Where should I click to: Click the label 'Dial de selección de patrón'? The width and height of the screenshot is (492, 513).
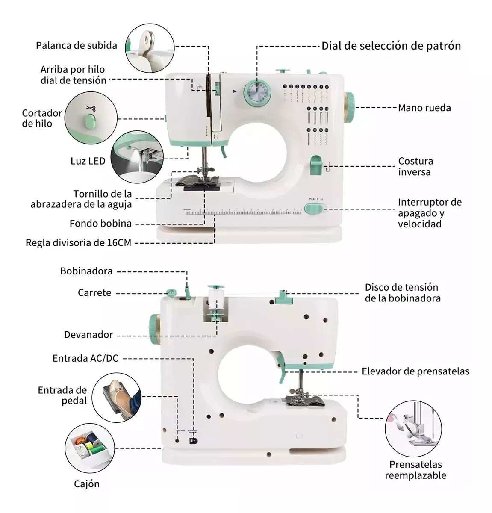(391, 46)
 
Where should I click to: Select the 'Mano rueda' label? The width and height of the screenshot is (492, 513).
(424, 108)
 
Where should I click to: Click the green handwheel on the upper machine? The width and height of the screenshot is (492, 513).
(349, 106)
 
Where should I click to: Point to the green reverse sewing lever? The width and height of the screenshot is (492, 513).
(316, 165)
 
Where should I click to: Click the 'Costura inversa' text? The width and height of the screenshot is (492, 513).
(415, 166)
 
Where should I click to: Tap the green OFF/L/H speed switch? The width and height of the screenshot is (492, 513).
(314, 209)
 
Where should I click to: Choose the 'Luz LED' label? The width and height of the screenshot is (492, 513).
(88, 161)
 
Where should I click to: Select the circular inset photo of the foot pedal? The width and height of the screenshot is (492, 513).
(117, 398)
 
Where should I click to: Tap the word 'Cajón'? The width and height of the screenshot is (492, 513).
(86, 484)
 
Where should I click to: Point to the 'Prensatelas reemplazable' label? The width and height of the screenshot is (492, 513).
(415, 469)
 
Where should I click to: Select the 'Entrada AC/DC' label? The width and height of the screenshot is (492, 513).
(85, 358)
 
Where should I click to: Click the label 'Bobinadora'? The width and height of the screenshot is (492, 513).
(86, 271)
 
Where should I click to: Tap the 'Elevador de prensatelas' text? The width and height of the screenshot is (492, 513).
(415, 371)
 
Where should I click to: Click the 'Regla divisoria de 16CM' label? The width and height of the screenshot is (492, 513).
(78, 243)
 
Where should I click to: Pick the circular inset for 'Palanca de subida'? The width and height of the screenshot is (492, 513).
(150, 48)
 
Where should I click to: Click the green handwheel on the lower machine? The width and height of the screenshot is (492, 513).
(154, 329)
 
